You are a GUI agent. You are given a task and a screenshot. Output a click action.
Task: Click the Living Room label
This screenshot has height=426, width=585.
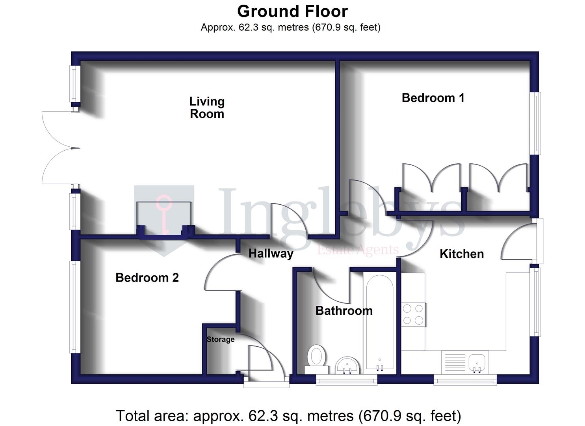207,108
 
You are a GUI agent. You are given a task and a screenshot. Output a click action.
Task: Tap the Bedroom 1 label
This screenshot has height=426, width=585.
433,98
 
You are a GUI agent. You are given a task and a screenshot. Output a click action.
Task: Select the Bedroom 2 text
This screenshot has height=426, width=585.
147,278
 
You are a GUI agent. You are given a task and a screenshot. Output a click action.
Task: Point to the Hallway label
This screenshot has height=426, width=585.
271,253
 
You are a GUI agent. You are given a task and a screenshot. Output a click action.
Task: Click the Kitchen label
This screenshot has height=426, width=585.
461,254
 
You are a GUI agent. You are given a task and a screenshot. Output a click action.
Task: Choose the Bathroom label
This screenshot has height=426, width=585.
344,311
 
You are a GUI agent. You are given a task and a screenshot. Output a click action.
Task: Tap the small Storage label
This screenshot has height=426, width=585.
220,339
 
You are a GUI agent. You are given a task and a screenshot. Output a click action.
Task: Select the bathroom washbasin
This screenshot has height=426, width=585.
347,365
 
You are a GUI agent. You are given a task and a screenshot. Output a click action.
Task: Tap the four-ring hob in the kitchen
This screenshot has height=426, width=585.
413,314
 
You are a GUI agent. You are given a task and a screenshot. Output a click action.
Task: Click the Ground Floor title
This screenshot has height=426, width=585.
292,11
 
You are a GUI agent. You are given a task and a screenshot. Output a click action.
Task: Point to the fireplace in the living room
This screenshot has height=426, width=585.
165,219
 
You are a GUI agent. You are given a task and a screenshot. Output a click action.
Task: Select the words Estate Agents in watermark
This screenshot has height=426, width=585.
358,250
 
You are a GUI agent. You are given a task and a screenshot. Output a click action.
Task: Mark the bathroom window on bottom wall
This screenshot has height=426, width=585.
346,379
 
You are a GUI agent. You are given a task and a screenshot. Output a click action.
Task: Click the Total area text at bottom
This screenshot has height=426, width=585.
288,416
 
